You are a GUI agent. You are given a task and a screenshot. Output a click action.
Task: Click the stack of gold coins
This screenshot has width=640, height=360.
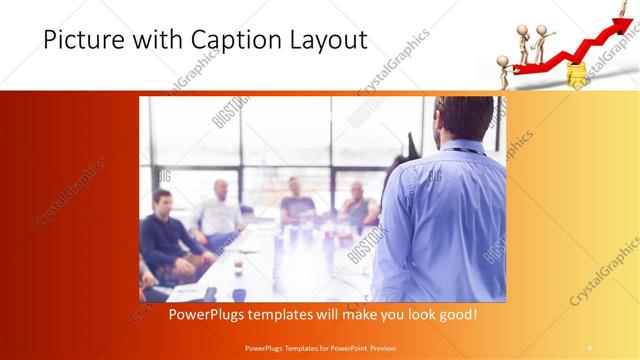(x=577, y=74)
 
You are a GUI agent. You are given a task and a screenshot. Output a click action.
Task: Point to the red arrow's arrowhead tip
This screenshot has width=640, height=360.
(x=627, y=11)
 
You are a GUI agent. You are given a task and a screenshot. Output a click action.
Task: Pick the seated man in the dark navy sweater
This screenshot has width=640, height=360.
(x=161, y=235)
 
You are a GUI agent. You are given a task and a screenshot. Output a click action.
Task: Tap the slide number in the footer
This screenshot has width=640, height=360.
(x=591, y=349)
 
